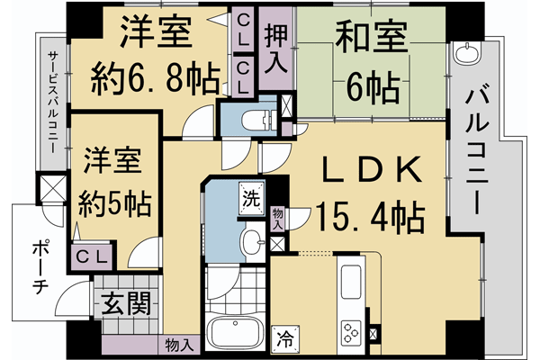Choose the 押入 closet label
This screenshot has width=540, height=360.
click(x=275, y=49)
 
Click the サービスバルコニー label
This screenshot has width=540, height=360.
click(x=53, y=100)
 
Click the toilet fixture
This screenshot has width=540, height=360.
click(x=254, y=119)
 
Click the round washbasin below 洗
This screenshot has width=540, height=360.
click(x=251, y=240)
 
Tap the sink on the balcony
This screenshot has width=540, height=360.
click(x=467, y=54)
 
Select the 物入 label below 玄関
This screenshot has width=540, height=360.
click(x=179, y=343)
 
